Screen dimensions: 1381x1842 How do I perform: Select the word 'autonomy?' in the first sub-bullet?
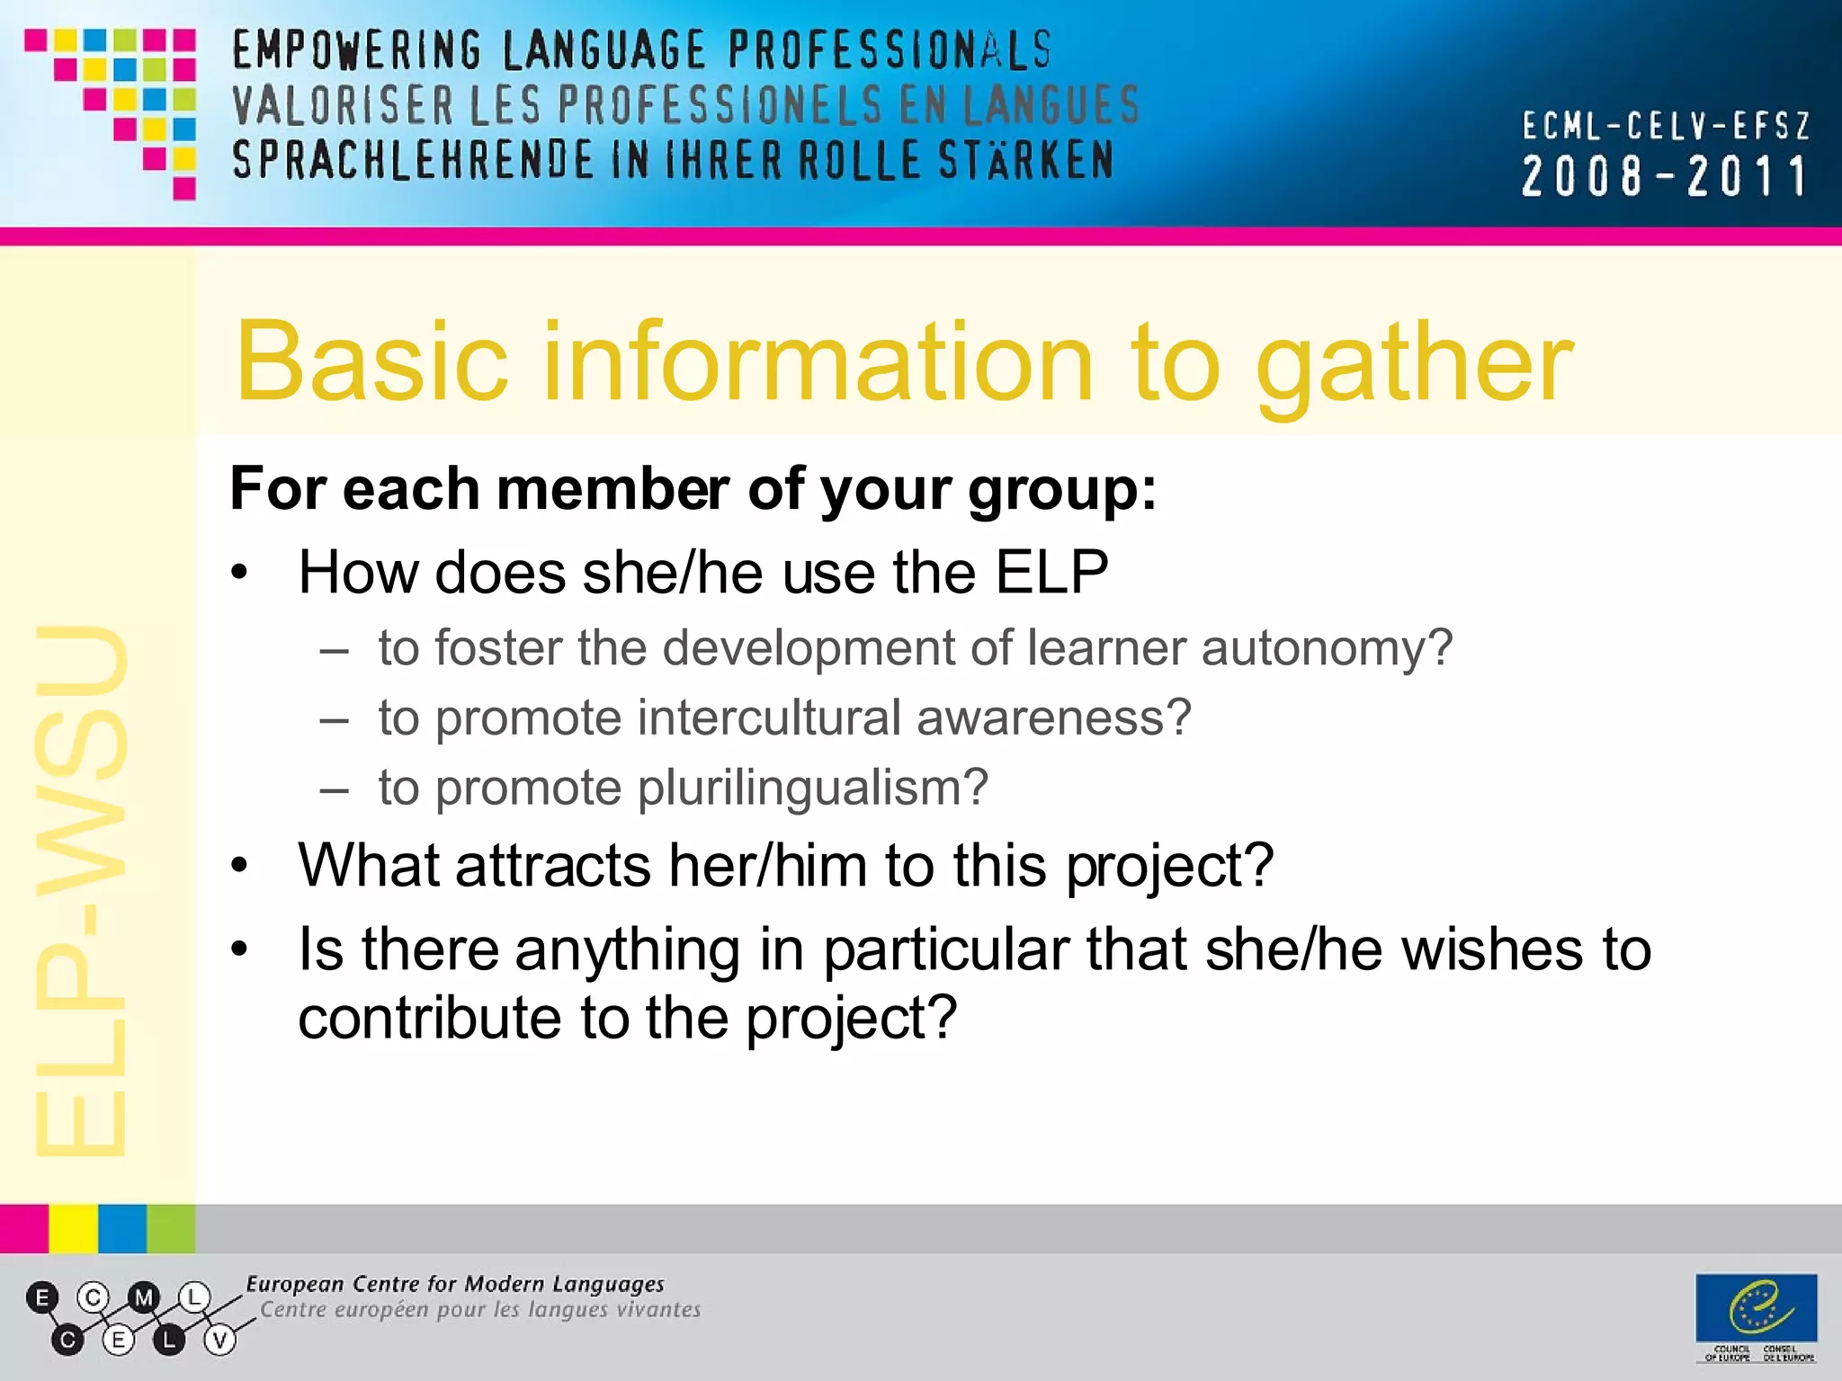pos(1327,648)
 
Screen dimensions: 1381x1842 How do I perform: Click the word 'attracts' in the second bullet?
pos(552,866)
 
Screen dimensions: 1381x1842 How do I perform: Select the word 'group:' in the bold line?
pos(1061,491)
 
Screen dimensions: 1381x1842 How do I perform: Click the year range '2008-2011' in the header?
pos(1664,176)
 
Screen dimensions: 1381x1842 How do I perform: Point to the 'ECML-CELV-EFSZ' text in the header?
pos(1666,126)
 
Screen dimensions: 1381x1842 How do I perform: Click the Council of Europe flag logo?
pos(1756,1308)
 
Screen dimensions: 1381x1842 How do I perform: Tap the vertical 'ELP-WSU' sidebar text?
pos(81,890)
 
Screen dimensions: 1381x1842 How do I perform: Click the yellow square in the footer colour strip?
pos(73,1228)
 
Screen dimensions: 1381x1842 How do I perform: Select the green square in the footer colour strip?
pos(171,1228)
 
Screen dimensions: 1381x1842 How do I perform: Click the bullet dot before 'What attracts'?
pos(239,866)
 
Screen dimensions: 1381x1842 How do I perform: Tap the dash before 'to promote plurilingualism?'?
pos(334,789)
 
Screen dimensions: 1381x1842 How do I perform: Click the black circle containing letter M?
pos(144,1297)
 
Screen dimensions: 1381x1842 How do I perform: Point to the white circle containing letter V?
pos(219,1341)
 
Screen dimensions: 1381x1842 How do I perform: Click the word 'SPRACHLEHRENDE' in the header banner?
pos(413,160)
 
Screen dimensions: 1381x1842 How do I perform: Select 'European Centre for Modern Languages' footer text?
pos(455,1284)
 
